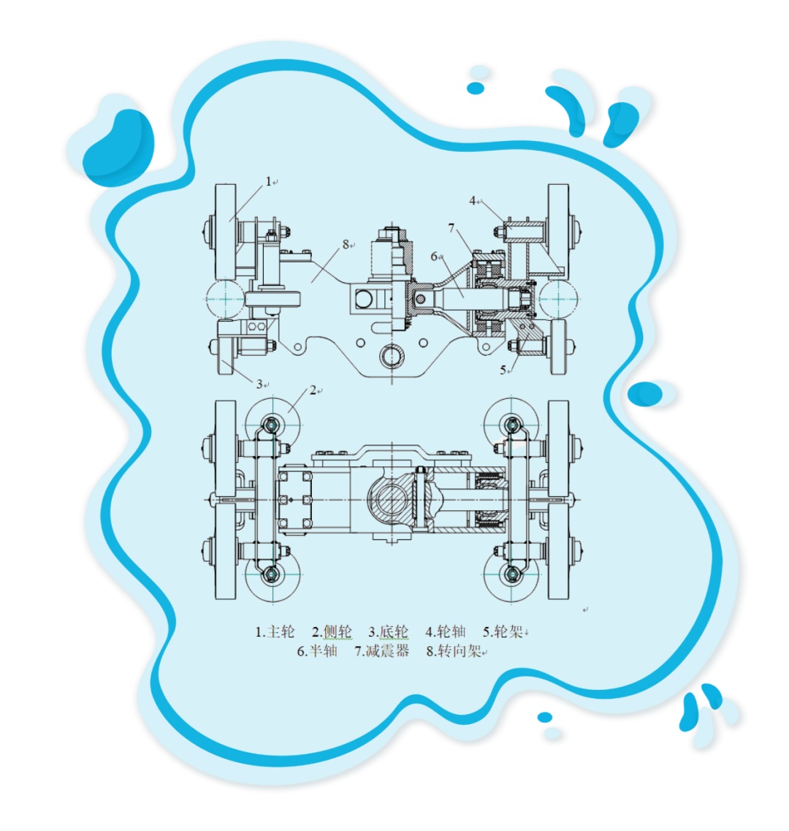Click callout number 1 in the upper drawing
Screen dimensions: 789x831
pyautogui.click(x=268, y=182)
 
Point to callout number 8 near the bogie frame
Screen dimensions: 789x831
pyautogui.click(x=346, y=244)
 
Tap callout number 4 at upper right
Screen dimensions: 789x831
pyautogui.click(x=472, y=201)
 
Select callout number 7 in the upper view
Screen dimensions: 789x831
pyautogui.click(x=451, y=228)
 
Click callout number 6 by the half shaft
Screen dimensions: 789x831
pyautogui.click(x=434, y=257)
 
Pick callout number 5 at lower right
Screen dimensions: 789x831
pyautogui.click(x=503, y=370)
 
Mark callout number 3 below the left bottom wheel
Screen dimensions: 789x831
pyautogui.click(x=259, y=384)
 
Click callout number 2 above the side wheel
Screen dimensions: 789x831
pyautogui.click(x=313, y=390)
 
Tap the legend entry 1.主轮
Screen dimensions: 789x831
pyautogui.click(x=275, y=631)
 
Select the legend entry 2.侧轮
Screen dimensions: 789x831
pyautogui.click(x=332, y=631)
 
